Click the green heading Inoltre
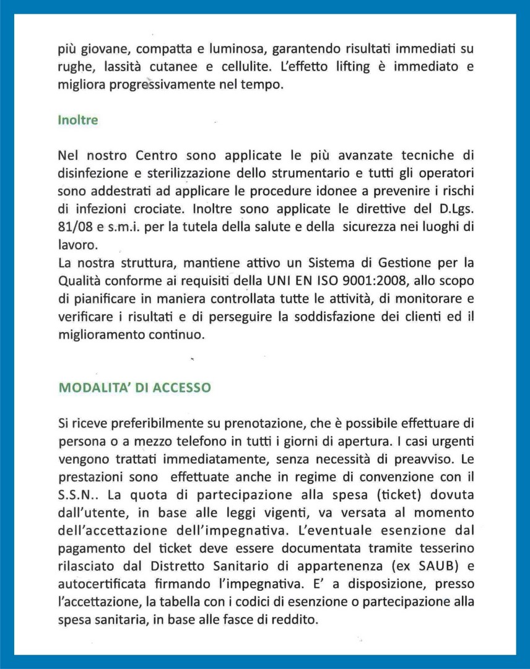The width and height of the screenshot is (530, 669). pyautogui.click(x=77, y=120)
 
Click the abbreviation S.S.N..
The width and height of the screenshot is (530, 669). pyautogui.click(x=79, y=495)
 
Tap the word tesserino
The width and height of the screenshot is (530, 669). pyautogui.click(x=442, y=548)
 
